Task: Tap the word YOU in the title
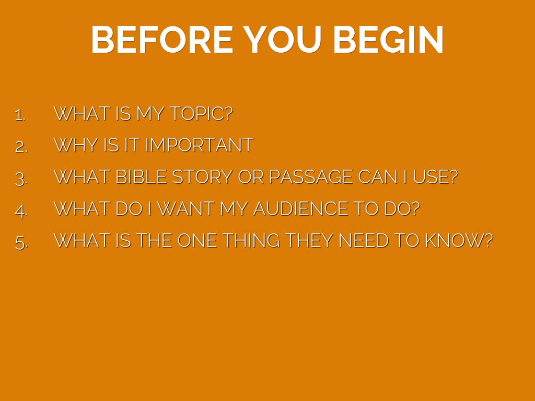[283, 40]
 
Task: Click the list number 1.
[20, 115]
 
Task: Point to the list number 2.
[21, 147]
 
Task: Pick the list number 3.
[21, 179]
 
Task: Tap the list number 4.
[21, 210]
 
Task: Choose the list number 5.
[21, 242]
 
